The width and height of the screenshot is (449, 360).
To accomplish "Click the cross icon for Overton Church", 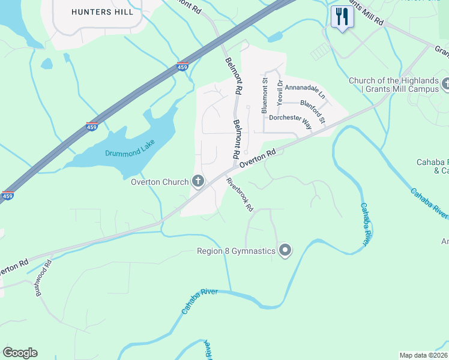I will coord(198,181).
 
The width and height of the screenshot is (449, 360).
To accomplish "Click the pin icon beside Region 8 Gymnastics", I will coord(285,251).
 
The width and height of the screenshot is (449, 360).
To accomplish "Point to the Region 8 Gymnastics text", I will coord(236,251).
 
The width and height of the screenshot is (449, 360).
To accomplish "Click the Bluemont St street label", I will coord(264,95).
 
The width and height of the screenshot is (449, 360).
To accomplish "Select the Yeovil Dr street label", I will coord(279,92).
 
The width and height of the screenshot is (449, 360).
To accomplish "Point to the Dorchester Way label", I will coord(291,122).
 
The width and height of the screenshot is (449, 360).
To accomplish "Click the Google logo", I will coord(20,353).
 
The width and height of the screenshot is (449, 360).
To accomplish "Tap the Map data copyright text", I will coord(424,355).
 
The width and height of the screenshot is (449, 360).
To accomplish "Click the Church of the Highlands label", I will coord(394,81).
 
